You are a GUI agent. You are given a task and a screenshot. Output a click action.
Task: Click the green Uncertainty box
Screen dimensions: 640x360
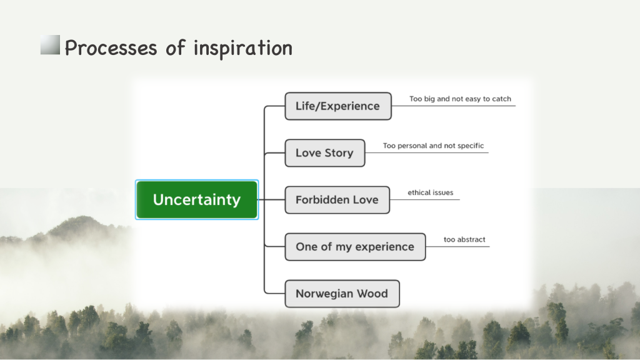197,199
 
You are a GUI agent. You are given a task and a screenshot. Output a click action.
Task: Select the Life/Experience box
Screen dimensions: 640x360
338,106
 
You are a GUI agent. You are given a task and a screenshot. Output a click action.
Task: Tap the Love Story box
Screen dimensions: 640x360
325,153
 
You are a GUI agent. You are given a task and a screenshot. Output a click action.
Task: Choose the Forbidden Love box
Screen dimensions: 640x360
337,200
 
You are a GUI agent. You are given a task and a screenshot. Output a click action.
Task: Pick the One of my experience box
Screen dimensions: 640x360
355,247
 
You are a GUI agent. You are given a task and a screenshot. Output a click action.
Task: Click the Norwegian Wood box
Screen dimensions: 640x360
342,294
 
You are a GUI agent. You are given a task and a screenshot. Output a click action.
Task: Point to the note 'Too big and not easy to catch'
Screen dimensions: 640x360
460,99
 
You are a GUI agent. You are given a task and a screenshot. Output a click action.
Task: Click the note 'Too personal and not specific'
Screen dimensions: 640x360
433,146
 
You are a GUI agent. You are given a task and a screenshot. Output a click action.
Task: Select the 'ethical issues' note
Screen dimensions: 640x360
430,192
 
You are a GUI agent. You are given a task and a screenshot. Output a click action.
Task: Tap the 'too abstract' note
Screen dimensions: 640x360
464,239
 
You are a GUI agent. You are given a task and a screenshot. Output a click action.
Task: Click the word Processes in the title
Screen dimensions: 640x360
111,47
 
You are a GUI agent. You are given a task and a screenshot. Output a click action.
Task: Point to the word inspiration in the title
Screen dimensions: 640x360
243,49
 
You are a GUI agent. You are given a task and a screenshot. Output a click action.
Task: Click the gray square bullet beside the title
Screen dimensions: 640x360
50,44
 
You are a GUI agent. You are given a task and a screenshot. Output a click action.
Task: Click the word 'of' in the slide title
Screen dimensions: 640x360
176,47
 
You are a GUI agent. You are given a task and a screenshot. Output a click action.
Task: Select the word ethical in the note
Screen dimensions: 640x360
418,192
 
